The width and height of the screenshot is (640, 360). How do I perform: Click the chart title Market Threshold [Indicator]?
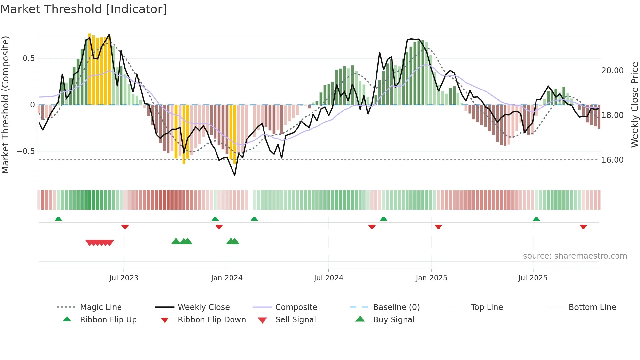(x=84, y=9)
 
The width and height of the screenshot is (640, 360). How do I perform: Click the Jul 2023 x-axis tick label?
(x=124, y=278)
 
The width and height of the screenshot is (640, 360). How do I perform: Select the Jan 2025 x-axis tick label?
(x=431, y=278)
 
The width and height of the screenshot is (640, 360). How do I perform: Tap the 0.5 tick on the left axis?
(x=28, y=58)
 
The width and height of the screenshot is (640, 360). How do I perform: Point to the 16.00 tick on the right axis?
(x=612, y=160)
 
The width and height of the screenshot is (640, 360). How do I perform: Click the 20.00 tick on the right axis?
(x=612, y=71)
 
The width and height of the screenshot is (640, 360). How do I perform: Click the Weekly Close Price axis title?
(x=634, y=105)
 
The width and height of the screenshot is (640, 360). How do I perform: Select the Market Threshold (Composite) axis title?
(x=5, y=105)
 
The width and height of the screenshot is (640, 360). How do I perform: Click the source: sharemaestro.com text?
(x=575, y=256)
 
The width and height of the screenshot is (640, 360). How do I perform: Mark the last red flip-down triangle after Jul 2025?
(x=583, y=227)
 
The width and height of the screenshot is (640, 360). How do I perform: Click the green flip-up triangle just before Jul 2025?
(x=536, y=219)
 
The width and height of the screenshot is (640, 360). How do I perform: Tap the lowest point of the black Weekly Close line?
(x=235, y=175)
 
